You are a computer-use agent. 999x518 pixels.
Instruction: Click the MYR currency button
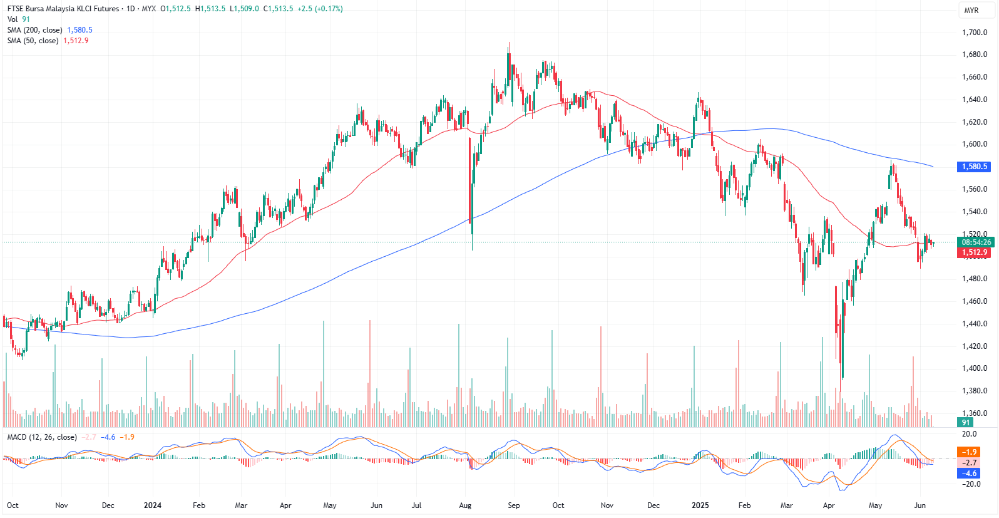pos(971,10)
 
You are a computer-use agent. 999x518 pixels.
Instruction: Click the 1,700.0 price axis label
pos(975,33)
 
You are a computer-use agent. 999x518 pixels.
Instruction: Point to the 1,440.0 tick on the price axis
pos(975,324)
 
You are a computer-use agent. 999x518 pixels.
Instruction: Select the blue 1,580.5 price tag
pos(975,167)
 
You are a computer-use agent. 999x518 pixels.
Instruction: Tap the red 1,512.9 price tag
pos(975,252)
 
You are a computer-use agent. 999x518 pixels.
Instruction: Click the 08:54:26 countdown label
pos(976,242)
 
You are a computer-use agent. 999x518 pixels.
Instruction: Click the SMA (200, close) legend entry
pos(35,30)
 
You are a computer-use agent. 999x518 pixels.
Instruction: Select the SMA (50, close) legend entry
pos(33,41)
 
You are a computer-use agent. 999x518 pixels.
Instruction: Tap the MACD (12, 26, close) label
pos(42,437)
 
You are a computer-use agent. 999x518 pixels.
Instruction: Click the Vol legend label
pos(13,19)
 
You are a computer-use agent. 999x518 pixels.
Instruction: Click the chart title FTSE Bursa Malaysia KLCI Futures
pos(63,9)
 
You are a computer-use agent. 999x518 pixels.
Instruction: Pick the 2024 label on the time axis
pos(153,505)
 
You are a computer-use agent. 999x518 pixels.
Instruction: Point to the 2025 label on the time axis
pos(700,505)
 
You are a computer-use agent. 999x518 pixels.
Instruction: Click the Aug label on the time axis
pos(465,505)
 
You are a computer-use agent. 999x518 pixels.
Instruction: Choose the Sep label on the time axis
pos(514,505)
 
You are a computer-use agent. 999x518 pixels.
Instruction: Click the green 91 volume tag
pos(966,423)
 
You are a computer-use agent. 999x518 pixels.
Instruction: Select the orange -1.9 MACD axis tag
pos(970,452)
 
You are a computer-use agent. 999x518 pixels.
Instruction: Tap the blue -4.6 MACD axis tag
pos(970,474)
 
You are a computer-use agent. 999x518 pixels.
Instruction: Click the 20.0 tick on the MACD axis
pos(970,433)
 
